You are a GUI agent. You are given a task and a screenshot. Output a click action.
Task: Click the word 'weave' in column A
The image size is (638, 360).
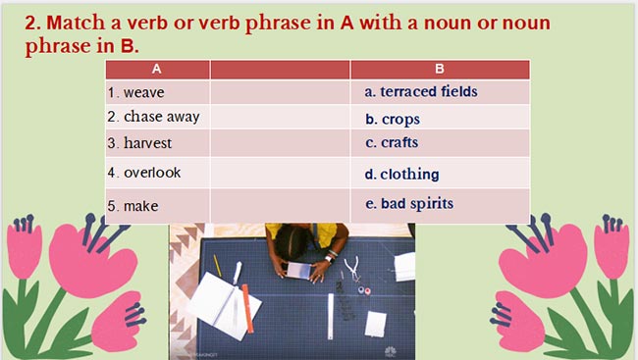pos(143,93)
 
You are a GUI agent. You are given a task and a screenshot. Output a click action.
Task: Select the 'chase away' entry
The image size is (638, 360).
pos(161,117)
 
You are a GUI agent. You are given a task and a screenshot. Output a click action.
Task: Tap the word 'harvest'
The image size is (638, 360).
pos(147,143)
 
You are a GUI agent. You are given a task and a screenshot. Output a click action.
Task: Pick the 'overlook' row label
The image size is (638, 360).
pos(152,173)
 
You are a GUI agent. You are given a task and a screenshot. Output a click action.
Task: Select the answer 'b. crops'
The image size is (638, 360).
pos(393,119)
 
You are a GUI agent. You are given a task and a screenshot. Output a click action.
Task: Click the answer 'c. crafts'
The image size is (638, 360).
pos(392,143)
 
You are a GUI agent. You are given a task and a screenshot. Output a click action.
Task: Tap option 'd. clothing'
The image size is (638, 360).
pos(401,175)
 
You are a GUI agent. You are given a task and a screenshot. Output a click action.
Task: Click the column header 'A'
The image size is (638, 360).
pos(157,69)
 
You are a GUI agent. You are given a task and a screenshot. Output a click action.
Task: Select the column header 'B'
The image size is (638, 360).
pos(440,69)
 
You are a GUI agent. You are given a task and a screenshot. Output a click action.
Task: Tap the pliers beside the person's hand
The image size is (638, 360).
pos(353,266)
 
